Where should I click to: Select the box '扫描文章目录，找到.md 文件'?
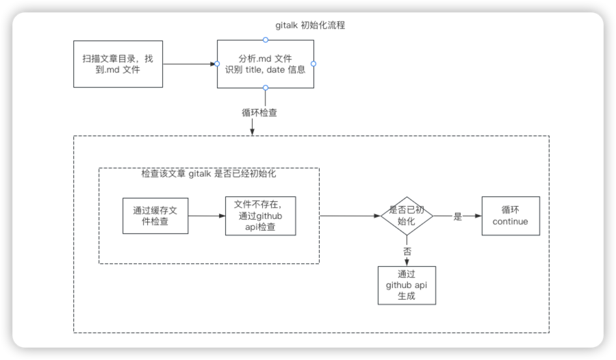(118, 64)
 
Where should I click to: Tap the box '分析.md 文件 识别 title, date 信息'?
(266, 64)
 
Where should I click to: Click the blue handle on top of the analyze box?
(266, 40)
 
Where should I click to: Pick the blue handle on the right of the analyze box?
(313, 64)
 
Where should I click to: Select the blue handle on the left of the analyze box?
(217, 64)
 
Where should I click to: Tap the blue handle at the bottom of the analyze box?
(266, 88)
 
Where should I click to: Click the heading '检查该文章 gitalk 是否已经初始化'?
(209, 175)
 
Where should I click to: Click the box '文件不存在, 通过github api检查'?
(260, 216)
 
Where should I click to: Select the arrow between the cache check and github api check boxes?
(206, 216)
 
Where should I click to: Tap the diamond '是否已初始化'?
(407, 216)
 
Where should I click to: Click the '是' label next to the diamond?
(458, 216)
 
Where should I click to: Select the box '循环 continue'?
(510, 216)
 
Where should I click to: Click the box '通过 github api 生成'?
(407, 285)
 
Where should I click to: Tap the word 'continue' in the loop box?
(510, 222)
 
